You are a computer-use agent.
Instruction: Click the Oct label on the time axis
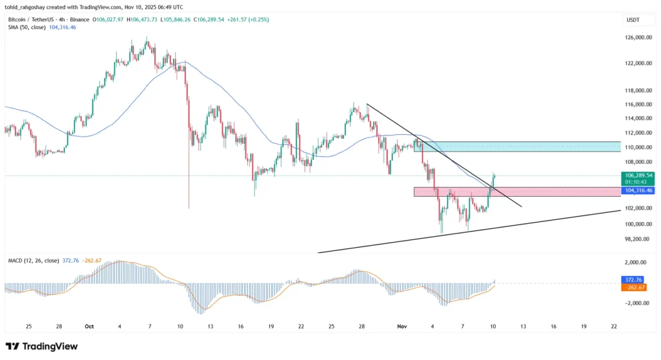tap(89, 326)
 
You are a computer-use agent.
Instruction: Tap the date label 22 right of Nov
tap(614, 326)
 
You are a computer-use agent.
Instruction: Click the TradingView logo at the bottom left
tap(41, 346)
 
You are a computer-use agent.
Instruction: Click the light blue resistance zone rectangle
tap(516, 146)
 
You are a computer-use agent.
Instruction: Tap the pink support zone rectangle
tap(516, 192)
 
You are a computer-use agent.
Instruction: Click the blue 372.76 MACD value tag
tap(635, 280)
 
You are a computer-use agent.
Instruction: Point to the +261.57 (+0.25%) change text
tap(248, 20)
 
